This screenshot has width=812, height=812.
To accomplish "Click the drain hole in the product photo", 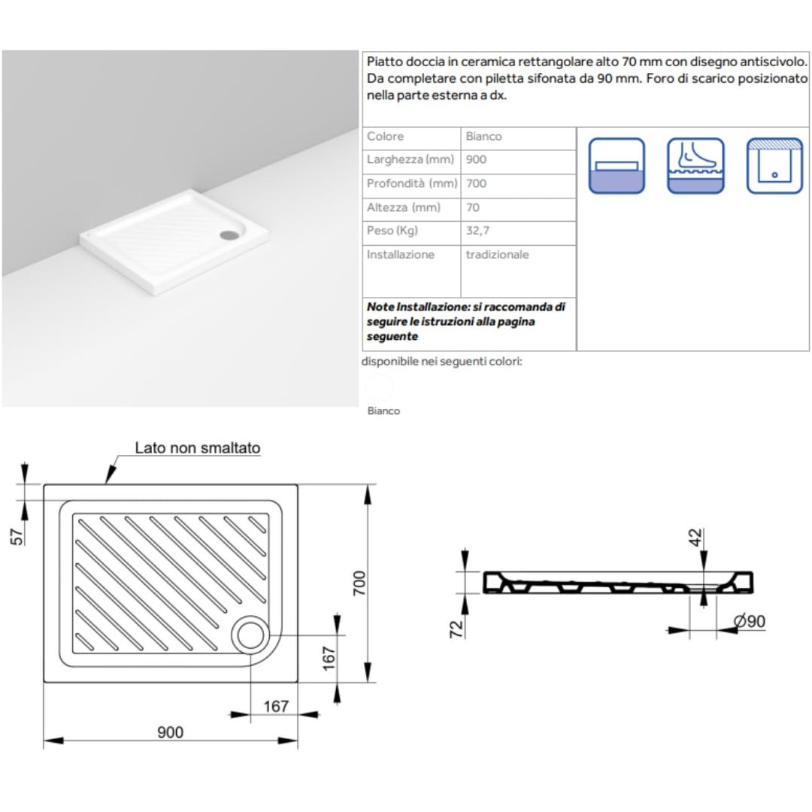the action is click(229, 235).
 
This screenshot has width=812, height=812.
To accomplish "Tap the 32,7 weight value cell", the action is click(477, 231).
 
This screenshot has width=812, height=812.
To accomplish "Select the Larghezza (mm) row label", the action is click(411, 159).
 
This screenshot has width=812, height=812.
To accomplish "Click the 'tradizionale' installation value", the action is click(497, 254).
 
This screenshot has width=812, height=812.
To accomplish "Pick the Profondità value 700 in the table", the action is click(476, 183).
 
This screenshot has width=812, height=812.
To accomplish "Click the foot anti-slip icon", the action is click(695, 165).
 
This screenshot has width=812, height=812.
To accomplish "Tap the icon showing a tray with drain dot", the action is click(774, 165).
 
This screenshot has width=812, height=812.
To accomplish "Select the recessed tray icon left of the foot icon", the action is click(617, 165).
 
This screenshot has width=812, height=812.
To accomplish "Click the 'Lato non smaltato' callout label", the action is click(197, 448).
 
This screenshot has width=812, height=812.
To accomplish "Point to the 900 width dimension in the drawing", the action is click(171, 732).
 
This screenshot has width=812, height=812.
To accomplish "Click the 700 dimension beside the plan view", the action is click(359, 583).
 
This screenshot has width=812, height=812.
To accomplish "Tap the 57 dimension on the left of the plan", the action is click(17, 537).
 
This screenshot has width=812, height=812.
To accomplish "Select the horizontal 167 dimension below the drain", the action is click(276, 706).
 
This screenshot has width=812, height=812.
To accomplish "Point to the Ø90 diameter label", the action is click(750, 621).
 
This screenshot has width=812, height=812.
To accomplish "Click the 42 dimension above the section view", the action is click(696, 538).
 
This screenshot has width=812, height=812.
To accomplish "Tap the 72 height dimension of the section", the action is click(456, 629).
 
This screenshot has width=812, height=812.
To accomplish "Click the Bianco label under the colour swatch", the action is click(383, 411).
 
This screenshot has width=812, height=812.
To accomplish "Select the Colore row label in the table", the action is click(385, 136).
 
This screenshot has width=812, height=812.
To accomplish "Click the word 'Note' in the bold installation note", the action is click(380, 307).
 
